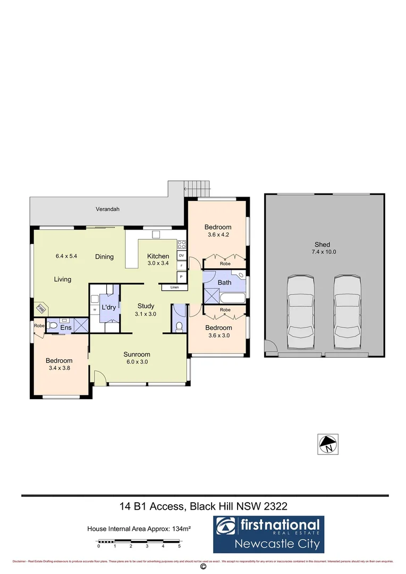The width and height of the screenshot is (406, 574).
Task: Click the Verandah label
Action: click(107, 209)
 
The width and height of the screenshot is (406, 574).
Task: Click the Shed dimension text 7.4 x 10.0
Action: click(325, 252)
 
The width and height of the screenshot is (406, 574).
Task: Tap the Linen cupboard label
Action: click(175, 288)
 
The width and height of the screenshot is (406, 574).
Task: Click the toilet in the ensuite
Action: click(53, 326)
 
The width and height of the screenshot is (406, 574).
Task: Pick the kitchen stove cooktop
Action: click(181, 245)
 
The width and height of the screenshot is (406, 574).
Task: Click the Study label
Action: click(146, 306)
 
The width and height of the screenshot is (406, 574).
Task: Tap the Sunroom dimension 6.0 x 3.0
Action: click(137, 362)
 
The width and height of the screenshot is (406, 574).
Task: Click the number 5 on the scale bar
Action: click(180, 546)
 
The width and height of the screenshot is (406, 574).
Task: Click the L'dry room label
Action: click(109, 308)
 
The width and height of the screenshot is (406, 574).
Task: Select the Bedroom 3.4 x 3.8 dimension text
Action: click(59, 367)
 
